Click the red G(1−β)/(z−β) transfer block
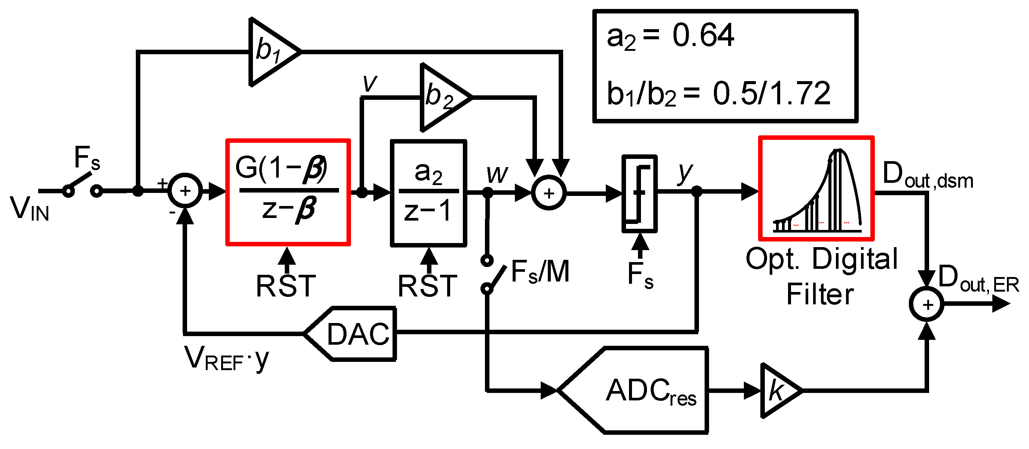pyautogui.click(x=288, y=192)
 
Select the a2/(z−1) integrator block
pyautogui.click(x=428, y=193)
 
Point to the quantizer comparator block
pyautogui.click(x=639, y=193)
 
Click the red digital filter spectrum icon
pyautogui.click(x=816, y=189)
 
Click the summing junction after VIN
pyautogui.click(x=185, y=191)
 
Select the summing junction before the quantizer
pyautogui.click(x=549, y=193)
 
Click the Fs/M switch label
pyautogui.click(x=540, y=272)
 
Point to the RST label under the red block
pyautogui.click(x=286, y=286)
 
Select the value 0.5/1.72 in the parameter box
pyautogui.click(x=771, y=93)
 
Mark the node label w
pyautogui.click(x=497, y=174)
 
